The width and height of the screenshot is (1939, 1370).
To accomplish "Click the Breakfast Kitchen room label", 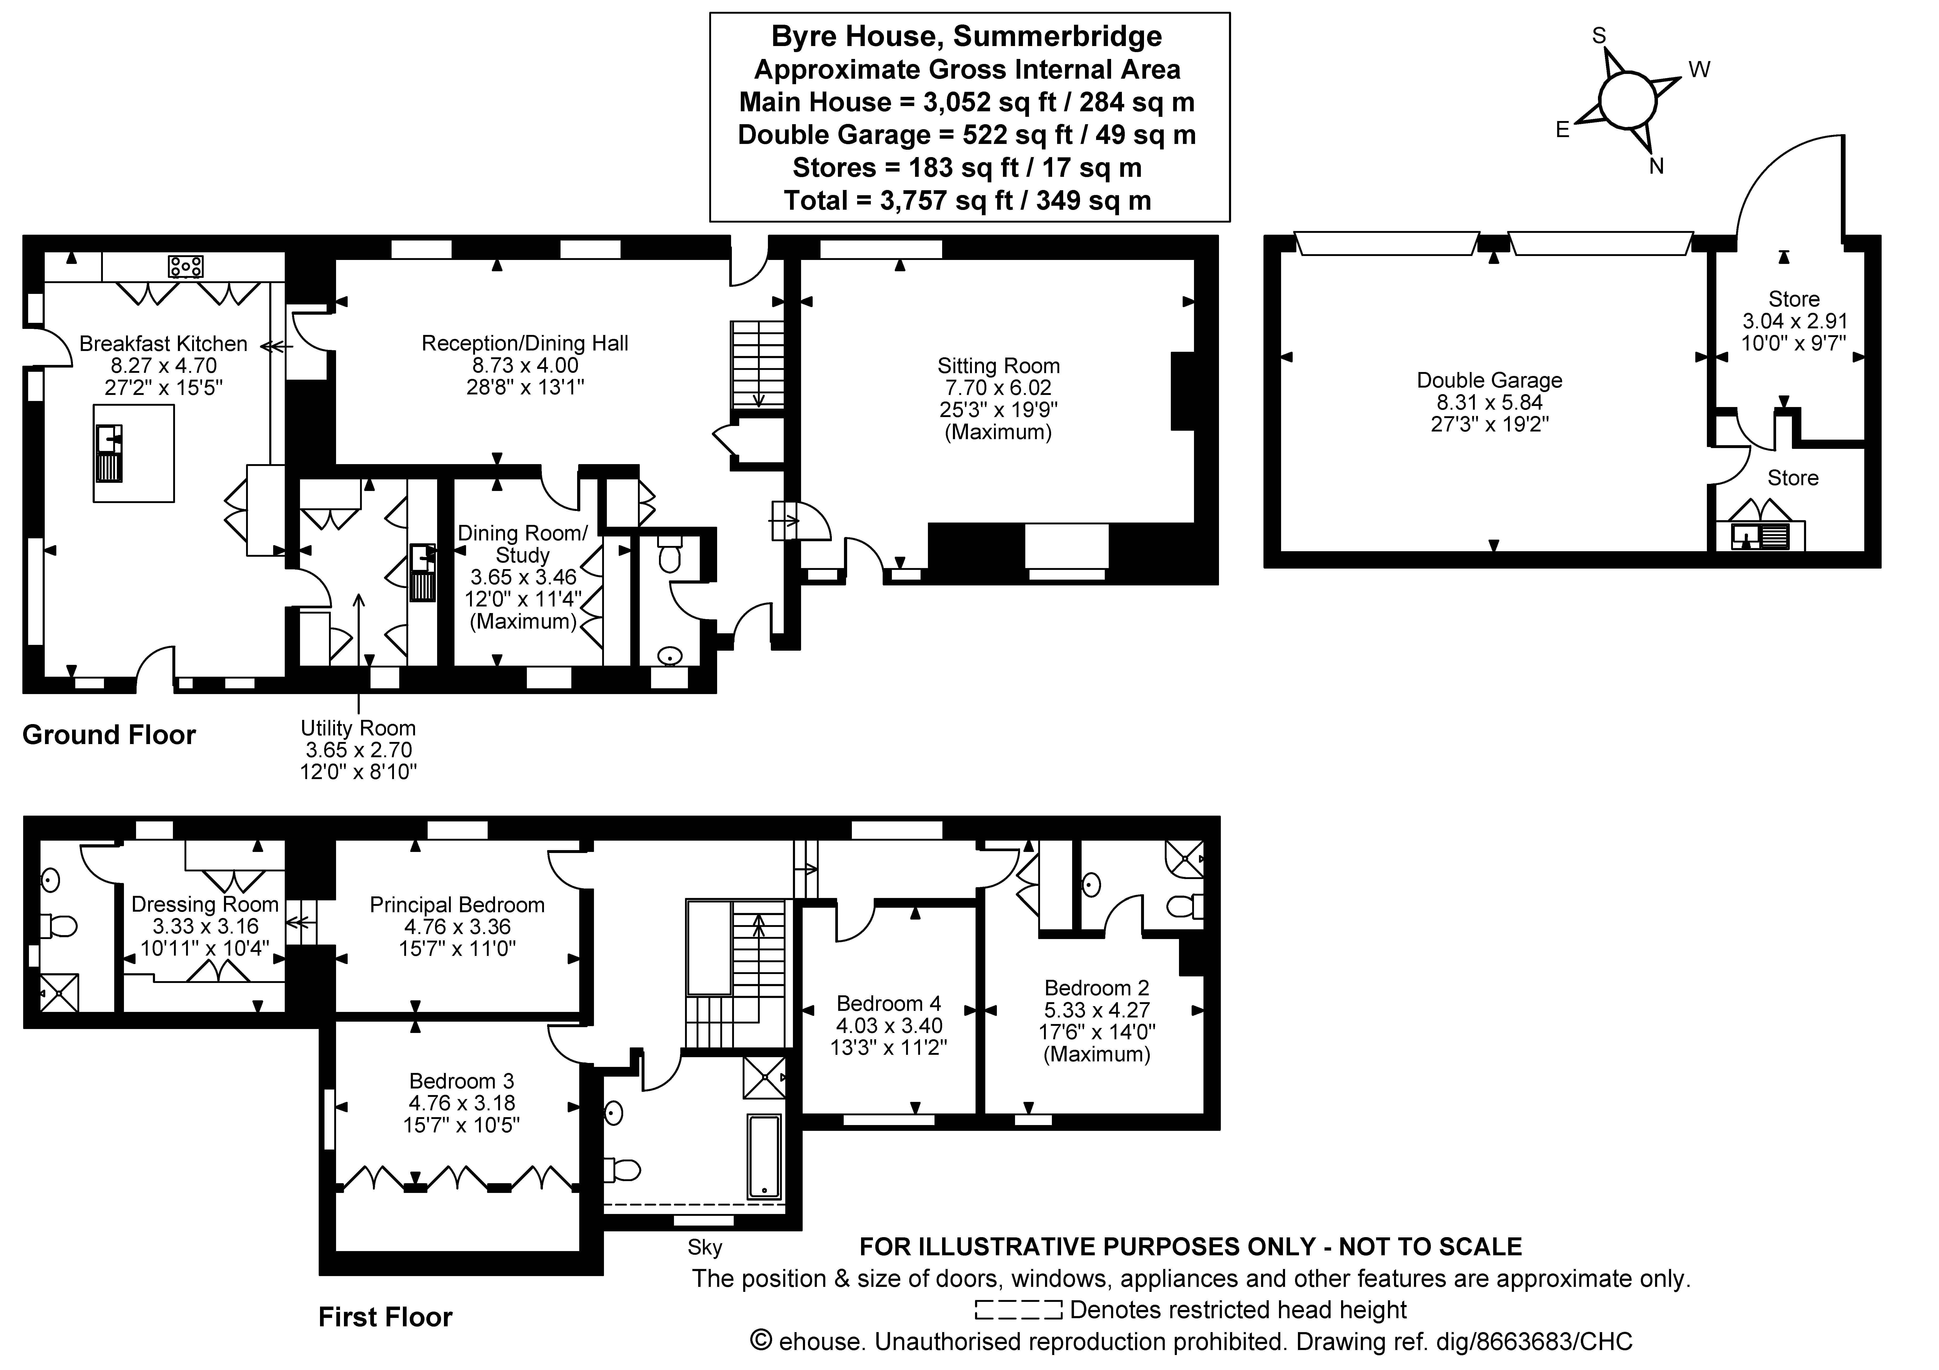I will [163, 344].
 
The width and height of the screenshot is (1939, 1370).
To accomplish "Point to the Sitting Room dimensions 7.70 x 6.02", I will [998, 388].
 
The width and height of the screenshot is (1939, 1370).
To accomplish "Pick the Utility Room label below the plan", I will [358, 728].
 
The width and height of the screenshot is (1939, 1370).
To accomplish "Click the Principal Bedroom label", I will [457, 905].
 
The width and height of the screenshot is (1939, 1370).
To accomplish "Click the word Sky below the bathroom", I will [704, 1247].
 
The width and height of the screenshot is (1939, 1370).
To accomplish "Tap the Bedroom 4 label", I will [888, 1004].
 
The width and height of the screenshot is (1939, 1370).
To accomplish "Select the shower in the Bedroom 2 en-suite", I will [1184, 859].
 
